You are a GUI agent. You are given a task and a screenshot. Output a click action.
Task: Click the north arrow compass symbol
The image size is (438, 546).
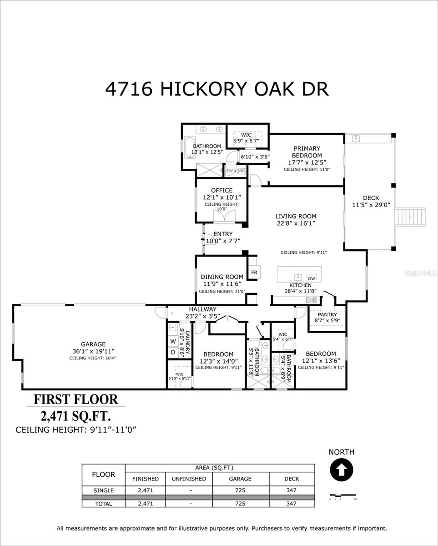(x=341, y=470)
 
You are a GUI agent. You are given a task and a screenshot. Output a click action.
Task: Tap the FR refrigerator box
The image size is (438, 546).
(x=254, y=273)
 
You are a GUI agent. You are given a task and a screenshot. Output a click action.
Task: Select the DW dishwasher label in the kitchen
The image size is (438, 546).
(x=311, y=278)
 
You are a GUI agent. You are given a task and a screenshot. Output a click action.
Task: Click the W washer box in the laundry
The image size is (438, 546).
(x=173, y=341)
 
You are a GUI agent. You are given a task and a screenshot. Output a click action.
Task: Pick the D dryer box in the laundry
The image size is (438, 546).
(x=173, y=352)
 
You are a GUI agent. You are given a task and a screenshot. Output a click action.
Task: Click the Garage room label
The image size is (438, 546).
(x=93, y=344)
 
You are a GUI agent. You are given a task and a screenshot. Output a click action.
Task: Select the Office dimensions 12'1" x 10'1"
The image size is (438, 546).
(x=222, y=197)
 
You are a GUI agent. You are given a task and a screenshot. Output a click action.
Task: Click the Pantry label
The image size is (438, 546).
(x=327, y=314)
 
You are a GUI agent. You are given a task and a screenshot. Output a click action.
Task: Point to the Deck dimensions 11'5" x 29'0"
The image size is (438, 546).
(x=371, y=205)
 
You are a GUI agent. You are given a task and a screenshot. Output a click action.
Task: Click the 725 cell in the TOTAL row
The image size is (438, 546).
(x=240, y=503)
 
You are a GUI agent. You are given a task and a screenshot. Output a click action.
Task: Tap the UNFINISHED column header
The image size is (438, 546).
(x=189, y=479)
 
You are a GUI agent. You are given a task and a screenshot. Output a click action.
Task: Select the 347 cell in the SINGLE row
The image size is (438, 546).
(x=292, y=490)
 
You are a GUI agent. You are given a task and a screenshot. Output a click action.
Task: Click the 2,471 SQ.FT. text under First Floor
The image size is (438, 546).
(x=76, y=415)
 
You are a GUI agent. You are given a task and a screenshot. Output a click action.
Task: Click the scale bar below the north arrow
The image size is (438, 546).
(x=343, y=495)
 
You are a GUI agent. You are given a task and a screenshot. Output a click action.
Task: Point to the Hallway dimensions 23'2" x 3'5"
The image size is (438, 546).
(x=203, y=316)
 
